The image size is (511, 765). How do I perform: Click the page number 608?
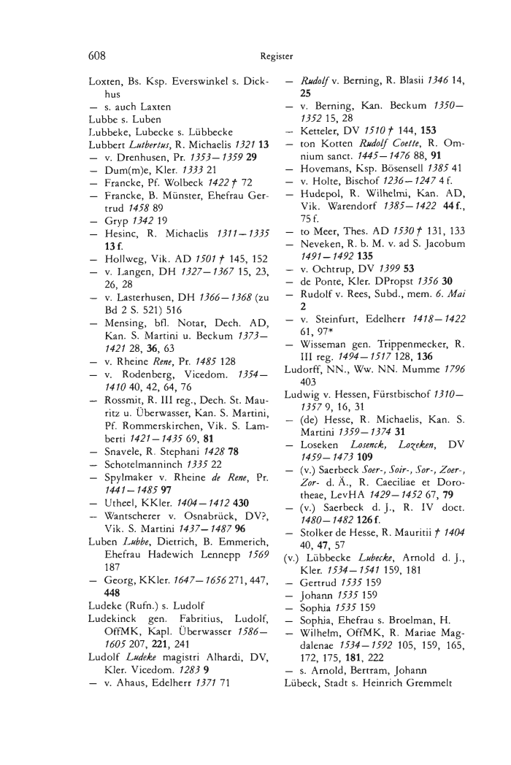point(99,54)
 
